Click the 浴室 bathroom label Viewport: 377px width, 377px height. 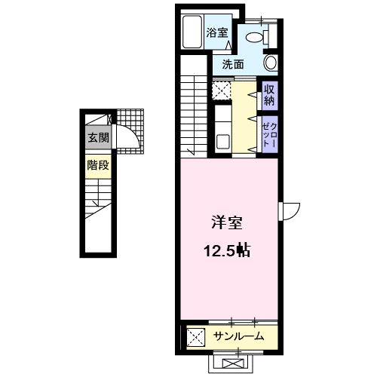pyautogui.click(x=218, y=32)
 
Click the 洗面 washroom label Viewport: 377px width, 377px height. pyautogui.click(x=232, y=65)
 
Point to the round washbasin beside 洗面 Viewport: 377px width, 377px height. pyautogui.click(x=271, y=63)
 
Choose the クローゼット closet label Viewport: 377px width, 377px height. pyautogui.click(x=268, y=133)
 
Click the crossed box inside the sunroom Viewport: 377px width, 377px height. pyautogui.click(x=195, y=336)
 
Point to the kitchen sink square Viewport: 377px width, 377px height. pyautogui.click(x=222, y=140)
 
